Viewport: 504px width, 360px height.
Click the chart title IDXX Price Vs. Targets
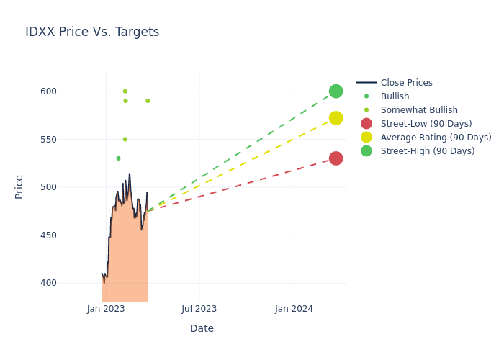[x=92, y=32]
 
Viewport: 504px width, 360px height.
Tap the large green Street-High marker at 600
[x=336, y=91]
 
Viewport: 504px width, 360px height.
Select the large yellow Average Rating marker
[x=336, y=118]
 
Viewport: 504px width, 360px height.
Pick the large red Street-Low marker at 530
[x=336, y=158]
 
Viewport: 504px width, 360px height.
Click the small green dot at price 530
[x=118, y=158]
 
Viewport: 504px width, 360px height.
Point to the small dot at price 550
[x=125, y=139]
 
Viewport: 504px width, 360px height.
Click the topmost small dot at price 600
[x=125, y=91]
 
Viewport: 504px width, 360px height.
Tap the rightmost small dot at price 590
[x=148, y=101]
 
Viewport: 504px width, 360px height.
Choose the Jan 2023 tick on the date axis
[x=106, y=309]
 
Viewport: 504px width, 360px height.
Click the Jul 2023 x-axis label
[x=199, y=309]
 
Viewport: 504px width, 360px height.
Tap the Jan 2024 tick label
[x=294, y=309]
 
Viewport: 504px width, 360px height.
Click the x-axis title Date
[x=202, y=328]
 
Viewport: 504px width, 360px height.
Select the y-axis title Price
[x=19, y=186]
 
